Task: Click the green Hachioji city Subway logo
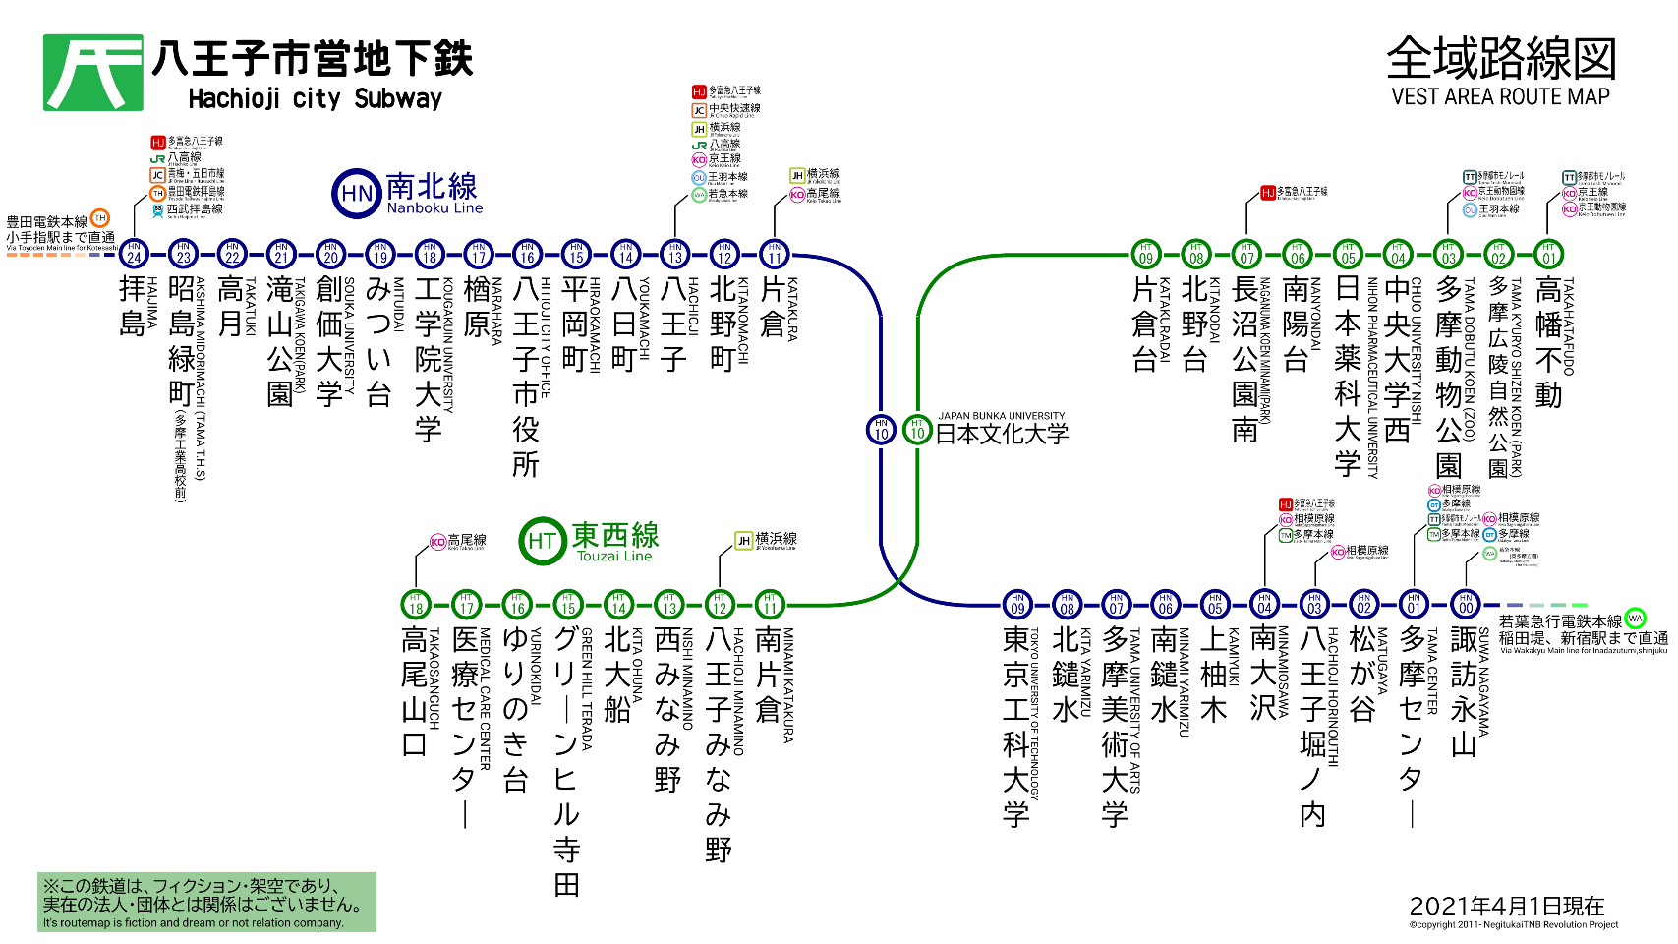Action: pos(93,73)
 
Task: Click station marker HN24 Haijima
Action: pos(134,254)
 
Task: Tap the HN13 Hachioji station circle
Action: pos(674,254)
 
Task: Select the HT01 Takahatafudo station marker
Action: pos(1548,254)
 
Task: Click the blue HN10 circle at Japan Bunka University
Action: pos(881,430)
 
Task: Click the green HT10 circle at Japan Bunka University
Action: pos(917,430)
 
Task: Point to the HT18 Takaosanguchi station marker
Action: pos(416,604)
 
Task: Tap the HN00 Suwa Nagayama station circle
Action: pos(1466,604)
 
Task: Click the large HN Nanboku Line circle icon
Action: pos(356,194)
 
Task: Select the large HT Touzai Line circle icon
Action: pos(542,541)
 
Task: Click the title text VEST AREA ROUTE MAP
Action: pos(1500,96)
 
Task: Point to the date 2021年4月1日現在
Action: pos(1506,906)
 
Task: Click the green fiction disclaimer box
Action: pos(207,902)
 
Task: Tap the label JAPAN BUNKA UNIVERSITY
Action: pos(1001,416)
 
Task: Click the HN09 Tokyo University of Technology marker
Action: pos(1017,604)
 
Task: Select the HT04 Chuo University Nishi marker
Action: pos(1397,254)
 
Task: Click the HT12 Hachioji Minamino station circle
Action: pos(720,604)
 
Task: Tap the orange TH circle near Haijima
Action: pos(99,218)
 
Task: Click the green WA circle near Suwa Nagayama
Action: pos(1635,619)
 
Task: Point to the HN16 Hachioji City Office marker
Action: pos(527,254)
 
